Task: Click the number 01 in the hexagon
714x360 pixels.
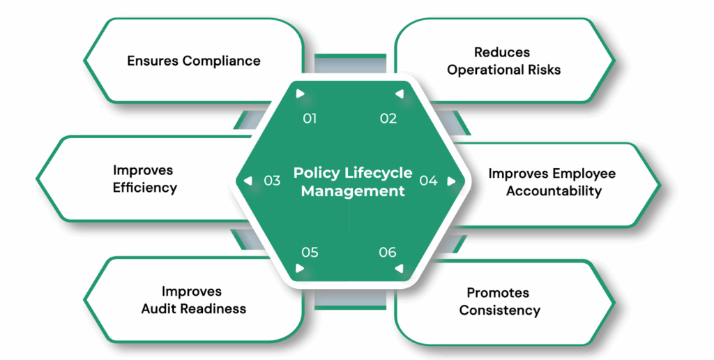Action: (310, 119)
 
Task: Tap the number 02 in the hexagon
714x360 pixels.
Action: (388, 119)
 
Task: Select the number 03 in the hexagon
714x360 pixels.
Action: (272, 181)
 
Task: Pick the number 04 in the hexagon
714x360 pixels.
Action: (428, 181)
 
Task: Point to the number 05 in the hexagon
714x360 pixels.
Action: (310, 252)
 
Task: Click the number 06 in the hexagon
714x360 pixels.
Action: (388, 252)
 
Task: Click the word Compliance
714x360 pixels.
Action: (221, 61)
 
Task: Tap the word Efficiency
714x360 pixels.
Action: (145, 188)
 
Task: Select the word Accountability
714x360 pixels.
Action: (554, 191)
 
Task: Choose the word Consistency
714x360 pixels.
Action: (499, 310)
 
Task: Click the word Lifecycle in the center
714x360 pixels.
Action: (379, 173)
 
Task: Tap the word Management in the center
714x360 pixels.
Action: (353, 190)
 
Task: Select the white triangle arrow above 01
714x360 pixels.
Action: (300, 93)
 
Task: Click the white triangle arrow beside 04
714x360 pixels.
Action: (451, 181)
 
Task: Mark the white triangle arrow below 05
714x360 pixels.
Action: (300, 268)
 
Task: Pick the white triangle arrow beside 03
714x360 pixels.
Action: (248, 181)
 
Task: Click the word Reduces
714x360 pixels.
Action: (502, 52)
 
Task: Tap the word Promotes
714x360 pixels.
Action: (498, 293)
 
